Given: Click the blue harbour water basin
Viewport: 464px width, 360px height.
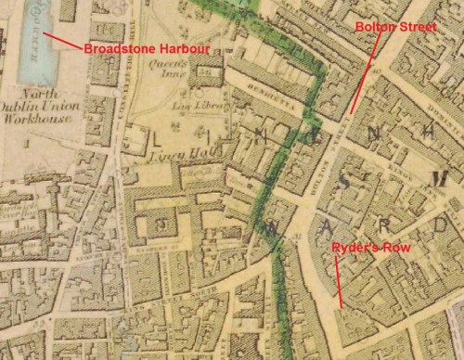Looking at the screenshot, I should coord(36,42).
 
